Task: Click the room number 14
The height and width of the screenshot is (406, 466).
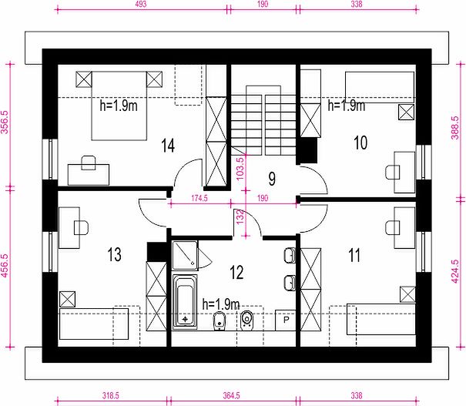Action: [x=168, y=146]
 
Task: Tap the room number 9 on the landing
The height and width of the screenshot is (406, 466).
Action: [x=272, y=179]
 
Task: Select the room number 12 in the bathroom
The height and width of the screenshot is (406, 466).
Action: [x=237, y=272]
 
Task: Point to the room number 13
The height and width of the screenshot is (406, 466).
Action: [x=115, y=254]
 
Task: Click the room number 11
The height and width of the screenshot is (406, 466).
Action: [x=354, y=255]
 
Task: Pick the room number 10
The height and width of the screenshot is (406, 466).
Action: [x=360, y=143]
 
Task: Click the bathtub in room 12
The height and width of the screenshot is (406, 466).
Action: [x=185, y=301]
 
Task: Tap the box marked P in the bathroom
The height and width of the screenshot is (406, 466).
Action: [x=286, y=320]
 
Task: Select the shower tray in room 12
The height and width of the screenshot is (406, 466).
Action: [x=185, y=255]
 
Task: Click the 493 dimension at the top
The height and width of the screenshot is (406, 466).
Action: [x=141, y=4]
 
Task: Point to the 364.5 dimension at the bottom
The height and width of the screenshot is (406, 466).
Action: [x=232, y=395]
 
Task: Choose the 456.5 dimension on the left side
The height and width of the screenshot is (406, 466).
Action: [x=5, y=266]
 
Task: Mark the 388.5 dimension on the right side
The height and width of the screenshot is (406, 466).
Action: [x=454, y=128]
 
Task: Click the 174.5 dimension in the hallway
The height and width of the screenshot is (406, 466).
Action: [x=199, y=198]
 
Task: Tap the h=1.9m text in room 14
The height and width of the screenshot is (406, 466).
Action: [x=119, y=106]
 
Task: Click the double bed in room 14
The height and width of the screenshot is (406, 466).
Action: [x=119, y=106]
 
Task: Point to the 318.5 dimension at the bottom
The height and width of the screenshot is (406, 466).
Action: [x=111, y=395]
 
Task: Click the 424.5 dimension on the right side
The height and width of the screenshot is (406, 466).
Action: [x=454, y=271]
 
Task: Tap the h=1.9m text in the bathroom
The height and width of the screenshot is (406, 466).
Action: [x=221, y=304]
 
